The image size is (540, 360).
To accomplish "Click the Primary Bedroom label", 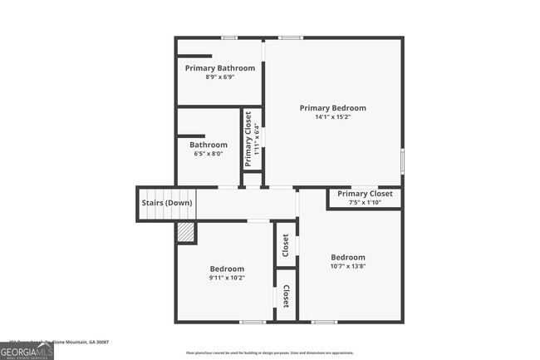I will [332, 108].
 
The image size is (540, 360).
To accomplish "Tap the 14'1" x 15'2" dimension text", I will [332, 117].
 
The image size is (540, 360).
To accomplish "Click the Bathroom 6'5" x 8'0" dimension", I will [208, 154].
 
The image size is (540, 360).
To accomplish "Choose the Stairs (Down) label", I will [166, 203].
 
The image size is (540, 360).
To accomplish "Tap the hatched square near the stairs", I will [184, 232].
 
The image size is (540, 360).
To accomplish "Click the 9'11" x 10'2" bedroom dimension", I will [226, 278].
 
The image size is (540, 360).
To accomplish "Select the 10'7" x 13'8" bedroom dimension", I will [347, 266].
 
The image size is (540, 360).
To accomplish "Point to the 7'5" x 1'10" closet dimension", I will [364, 202].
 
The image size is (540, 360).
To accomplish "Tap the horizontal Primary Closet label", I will [364, 194].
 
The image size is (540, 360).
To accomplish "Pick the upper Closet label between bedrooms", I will [285, 244].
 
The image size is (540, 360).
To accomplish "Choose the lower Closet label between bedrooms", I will [285, 295].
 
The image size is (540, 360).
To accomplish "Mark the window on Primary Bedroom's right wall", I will [402, 160].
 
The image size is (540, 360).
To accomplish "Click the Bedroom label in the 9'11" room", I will [226, 269].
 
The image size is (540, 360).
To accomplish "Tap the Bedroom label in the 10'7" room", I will [347, 257].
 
